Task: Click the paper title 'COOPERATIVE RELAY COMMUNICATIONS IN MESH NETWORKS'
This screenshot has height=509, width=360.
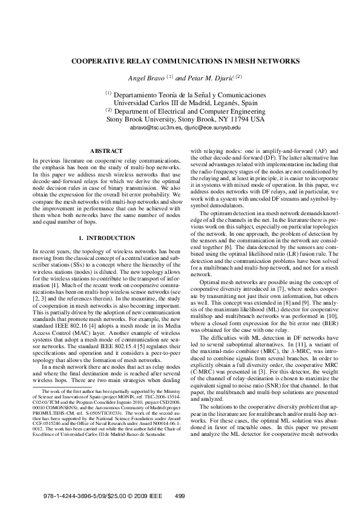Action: pyautogui.click(x=180, y=61)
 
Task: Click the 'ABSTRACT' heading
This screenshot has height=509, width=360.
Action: pyautogui.click(x=106, y=151)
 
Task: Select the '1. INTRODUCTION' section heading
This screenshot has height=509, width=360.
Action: pyautogui.click(x=106, y=238)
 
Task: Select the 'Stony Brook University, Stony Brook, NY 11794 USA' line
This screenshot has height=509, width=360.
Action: pyautogui.click(x=186, y=120)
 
